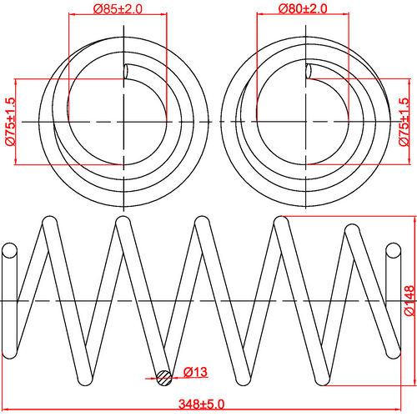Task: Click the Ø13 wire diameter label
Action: (x=195, y=371)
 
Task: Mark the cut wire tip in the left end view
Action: (x=127, y=73)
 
